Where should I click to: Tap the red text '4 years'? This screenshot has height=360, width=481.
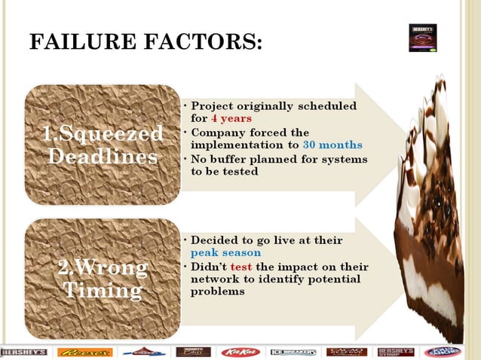231,118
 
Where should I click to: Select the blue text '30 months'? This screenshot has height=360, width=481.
332,145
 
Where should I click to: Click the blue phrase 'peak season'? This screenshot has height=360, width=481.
225,253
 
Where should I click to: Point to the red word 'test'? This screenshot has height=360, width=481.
241,267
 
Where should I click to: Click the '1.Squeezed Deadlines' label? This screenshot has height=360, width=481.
103,145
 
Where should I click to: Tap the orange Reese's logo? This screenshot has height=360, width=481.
84,352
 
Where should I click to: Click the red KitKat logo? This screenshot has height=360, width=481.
240,352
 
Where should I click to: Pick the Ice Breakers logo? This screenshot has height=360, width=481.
293,352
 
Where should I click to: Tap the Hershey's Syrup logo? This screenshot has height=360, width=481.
395,352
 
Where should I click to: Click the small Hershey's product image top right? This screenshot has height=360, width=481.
422,38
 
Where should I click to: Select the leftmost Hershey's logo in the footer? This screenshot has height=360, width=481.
24,352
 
